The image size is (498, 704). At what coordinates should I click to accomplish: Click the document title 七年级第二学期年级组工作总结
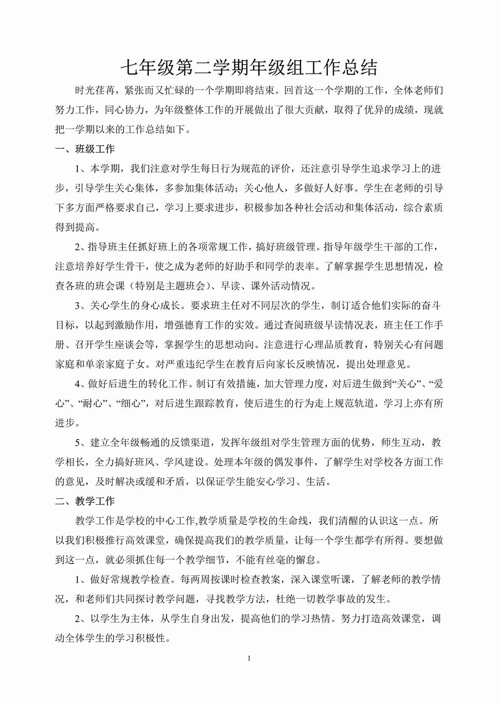tap(249, 67)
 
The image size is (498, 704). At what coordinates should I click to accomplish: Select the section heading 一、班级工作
tap(85, 149)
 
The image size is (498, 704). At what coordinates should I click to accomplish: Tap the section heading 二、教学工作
tap(85, 501)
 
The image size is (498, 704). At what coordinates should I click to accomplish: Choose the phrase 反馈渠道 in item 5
tap(193, 443)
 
